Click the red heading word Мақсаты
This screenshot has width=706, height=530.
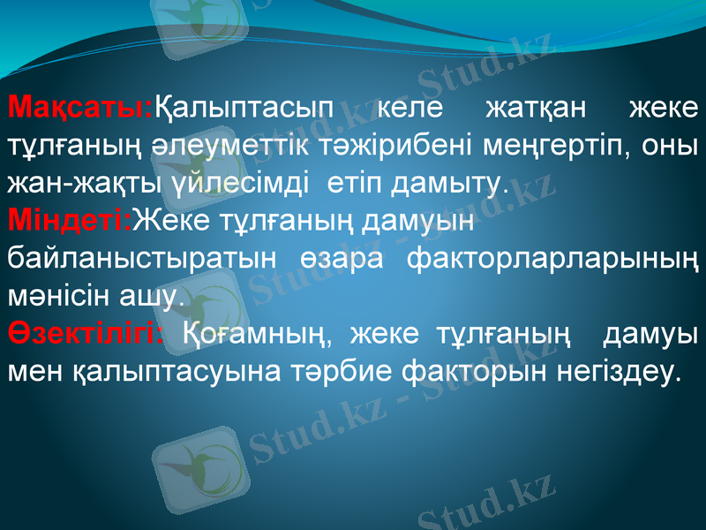click(79, 110)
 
